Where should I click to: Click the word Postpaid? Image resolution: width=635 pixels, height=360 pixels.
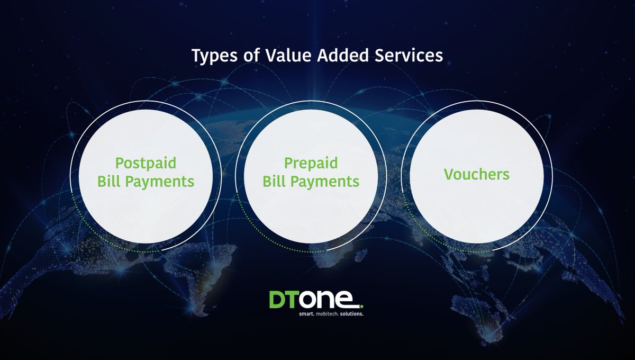(x=146, y=164)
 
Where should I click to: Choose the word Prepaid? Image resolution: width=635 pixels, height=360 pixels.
(x=311, y=164)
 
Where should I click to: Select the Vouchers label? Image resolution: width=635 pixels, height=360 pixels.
(x=477, y=174)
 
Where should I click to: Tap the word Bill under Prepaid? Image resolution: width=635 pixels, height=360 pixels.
(x=274, y=182)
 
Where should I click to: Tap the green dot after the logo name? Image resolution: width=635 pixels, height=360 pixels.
(x=361, y=305)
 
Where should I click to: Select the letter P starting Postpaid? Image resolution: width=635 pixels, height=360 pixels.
(x=120, y=163)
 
